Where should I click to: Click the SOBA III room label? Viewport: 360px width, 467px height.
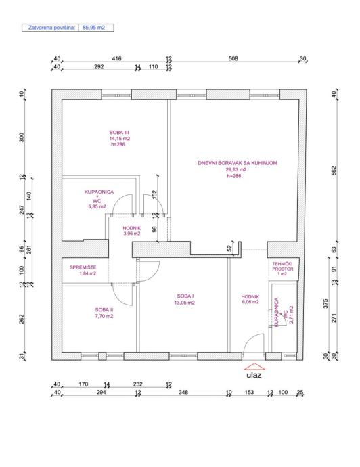coord(119,133)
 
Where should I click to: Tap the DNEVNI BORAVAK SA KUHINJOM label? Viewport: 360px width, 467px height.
coord(238,163)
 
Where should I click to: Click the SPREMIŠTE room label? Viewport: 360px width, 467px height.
coord(83,267)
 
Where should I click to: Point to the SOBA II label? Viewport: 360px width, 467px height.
coord(104,310)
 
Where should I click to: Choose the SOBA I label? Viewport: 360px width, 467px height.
coord(185,296)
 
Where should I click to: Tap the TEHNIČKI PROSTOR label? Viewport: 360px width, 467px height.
coord(283,266)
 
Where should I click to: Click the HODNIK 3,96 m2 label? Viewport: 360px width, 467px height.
coord(131,231)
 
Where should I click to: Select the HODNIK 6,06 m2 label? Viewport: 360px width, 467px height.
coord(250,299)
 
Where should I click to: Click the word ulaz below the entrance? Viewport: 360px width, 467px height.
coord(254,375)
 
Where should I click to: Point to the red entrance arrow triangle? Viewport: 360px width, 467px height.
coord(254,367)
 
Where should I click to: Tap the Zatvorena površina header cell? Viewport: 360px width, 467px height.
coord(49,28)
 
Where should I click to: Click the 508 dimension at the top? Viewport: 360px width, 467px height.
coord(233,58)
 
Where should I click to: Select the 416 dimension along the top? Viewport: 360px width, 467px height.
coord(116,58)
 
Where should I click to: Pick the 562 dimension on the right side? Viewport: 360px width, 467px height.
coord(334,171)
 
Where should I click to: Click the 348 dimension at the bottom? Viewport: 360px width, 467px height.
coord(183,392)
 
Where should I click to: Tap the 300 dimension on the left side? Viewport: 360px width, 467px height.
coord(22,137)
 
